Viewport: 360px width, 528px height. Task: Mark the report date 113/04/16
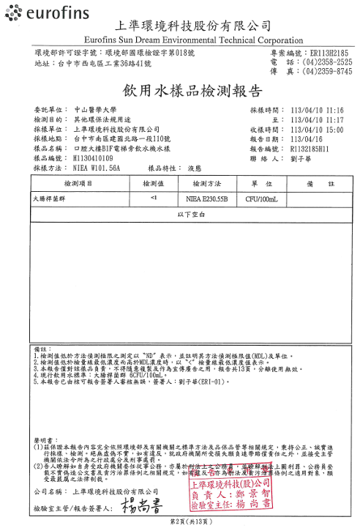click(x=311, y=139)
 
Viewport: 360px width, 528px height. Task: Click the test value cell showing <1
click(x=153, y=198)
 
